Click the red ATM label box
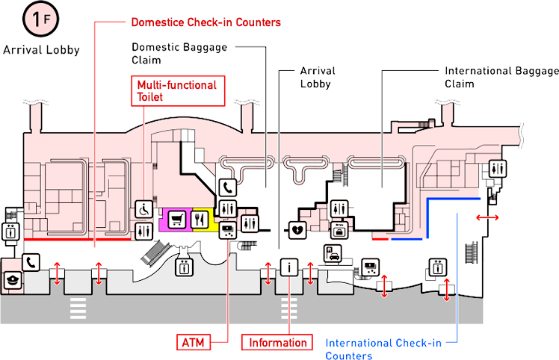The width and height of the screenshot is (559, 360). click(192, 342)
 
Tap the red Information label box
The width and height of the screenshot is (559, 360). click(277, 342)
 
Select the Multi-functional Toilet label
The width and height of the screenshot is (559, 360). click(176, 91)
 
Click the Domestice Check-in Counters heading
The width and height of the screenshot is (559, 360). click(206, 22)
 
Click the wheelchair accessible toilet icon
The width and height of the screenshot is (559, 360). click(143, 210)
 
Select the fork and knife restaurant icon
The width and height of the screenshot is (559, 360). click(200, 219)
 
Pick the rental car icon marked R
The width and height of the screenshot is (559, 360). click(330, 252)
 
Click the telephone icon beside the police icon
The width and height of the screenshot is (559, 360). click(31, 262)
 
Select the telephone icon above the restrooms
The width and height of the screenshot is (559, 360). click(227, 187)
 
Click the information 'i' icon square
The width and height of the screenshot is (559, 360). click(289, 267)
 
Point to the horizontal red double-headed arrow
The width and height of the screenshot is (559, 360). click(489, 216)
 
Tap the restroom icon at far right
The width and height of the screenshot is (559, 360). click(498, 169)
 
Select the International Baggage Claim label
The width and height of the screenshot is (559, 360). click(501, 76)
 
